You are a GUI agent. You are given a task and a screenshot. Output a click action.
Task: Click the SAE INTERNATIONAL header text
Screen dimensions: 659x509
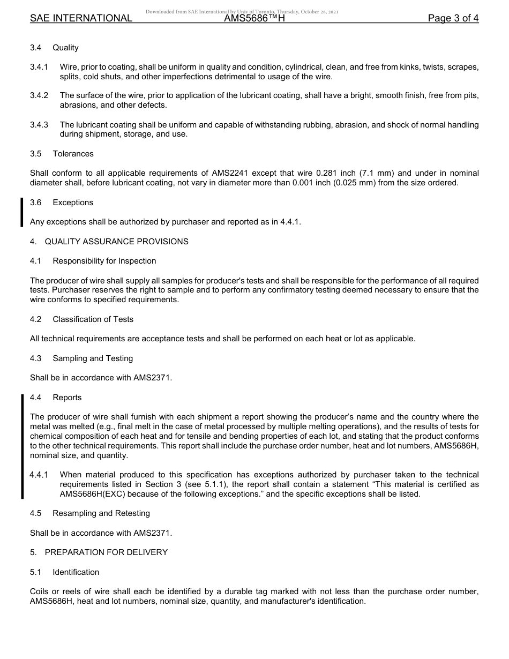(81, 18)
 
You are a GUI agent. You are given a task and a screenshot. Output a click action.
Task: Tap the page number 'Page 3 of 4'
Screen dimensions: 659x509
(453, 18)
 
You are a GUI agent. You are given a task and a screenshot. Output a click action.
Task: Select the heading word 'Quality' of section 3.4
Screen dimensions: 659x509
(65, 48)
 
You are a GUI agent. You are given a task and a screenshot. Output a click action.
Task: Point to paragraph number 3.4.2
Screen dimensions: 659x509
(39, 95)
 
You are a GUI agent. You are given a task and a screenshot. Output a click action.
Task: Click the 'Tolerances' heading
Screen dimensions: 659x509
(73, 154)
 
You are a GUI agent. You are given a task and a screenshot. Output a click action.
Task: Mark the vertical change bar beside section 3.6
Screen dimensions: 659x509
(22, 212)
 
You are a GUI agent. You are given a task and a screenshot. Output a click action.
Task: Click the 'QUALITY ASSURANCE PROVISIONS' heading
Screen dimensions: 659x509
(116, 242)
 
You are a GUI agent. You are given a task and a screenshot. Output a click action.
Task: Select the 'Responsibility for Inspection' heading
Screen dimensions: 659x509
(104, 261)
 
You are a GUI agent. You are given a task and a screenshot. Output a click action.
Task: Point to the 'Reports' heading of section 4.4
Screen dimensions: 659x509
(67, 398)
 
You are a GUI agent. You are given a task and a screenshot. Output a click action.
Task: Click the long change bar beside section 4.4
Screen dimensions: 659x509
(22, 446)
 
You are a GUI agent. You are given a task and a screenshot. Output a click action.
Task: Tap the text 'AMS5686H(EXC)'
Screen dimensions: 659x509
(89, 494)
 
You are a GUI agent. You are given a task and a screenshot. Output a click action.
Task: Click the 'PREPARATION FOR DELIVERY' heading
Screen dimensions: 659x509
(106, 552)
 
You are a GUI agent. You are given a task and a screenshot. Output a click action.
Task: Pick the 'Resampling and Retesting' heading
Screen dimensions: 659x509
(101, 513)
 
